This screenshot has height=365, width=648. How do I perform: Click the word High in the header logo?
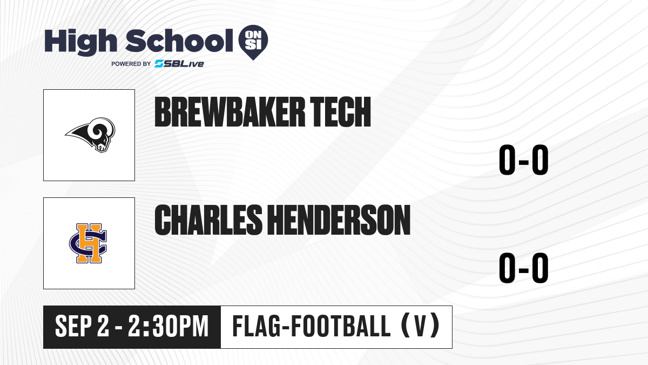pyautogui.click(x=80, y=42)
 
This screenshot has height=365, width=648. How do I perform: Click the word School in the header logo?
pyautogui.click(x=179, y=41)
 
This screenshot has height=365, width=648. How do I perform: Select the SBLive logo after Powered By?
pyautogui.click(x=179, y=64)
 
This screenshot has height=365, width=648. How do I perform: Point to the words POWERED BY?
pyautogui.click(x=131, y=64)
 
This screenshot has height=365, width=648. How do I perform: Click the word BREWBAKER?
pyautogui.click(x=230, y=112)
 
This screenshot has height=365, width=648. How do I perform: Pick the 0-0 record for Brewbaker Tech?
pyautogui.click(x=524, y=160)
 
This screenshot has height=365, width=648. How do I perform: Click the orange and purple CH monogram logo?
pyautogui.click(x=88, y=243)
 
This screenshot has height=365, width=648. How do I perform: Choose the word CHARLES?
pyautogui.click(x=208, y=220)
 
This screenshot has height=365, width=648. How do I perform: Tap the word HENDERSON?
pyautogui.click(x=339, y=220)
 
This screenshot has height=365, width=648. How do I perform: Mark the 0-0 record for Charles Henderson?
pyautogui.click(x=524, y=268)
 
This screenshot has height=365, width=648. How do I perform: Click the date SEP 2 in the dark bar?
pyautogui.click(x=83, y=327)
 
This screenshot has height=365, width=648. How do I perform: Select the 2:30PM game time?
pyautogui.click(x=168, y=327)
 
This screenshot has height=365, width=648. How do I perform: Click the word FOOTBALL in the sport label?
pyautogui.click(x=341, y=327)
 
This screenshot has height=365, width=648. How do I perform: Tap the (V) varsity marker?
pyautogui.click(x=421, y=326)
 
